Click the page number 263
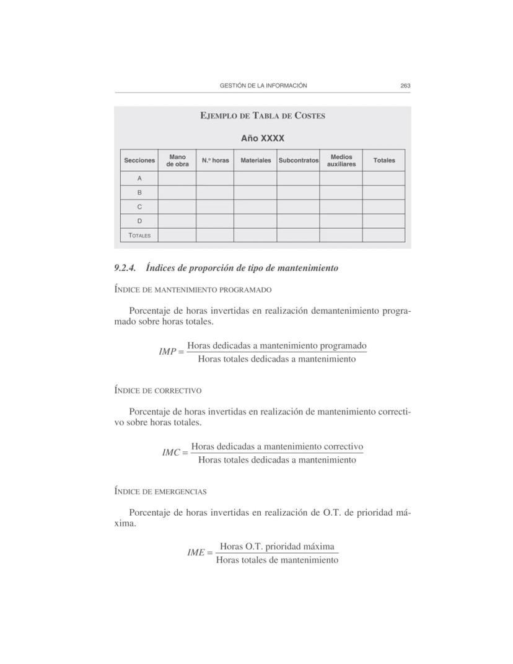406,86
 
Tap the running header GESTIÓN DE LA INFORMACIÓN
263,86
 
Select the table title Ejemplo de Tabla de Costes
263,116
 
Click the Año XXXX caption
263,138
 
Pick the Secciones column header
139,161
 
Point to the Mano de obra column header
177,161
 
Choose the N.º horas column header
215,161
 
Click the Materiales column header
255,161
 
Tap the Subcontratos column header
298,161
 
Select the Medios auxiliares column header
341,161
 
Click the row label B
139,193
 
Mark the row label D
139,221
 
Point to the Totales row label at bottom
139,236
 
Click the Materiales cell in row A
255,179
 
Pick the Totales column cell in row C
384,206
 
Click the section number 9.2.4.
125,268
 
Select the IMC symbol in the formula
171,453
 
